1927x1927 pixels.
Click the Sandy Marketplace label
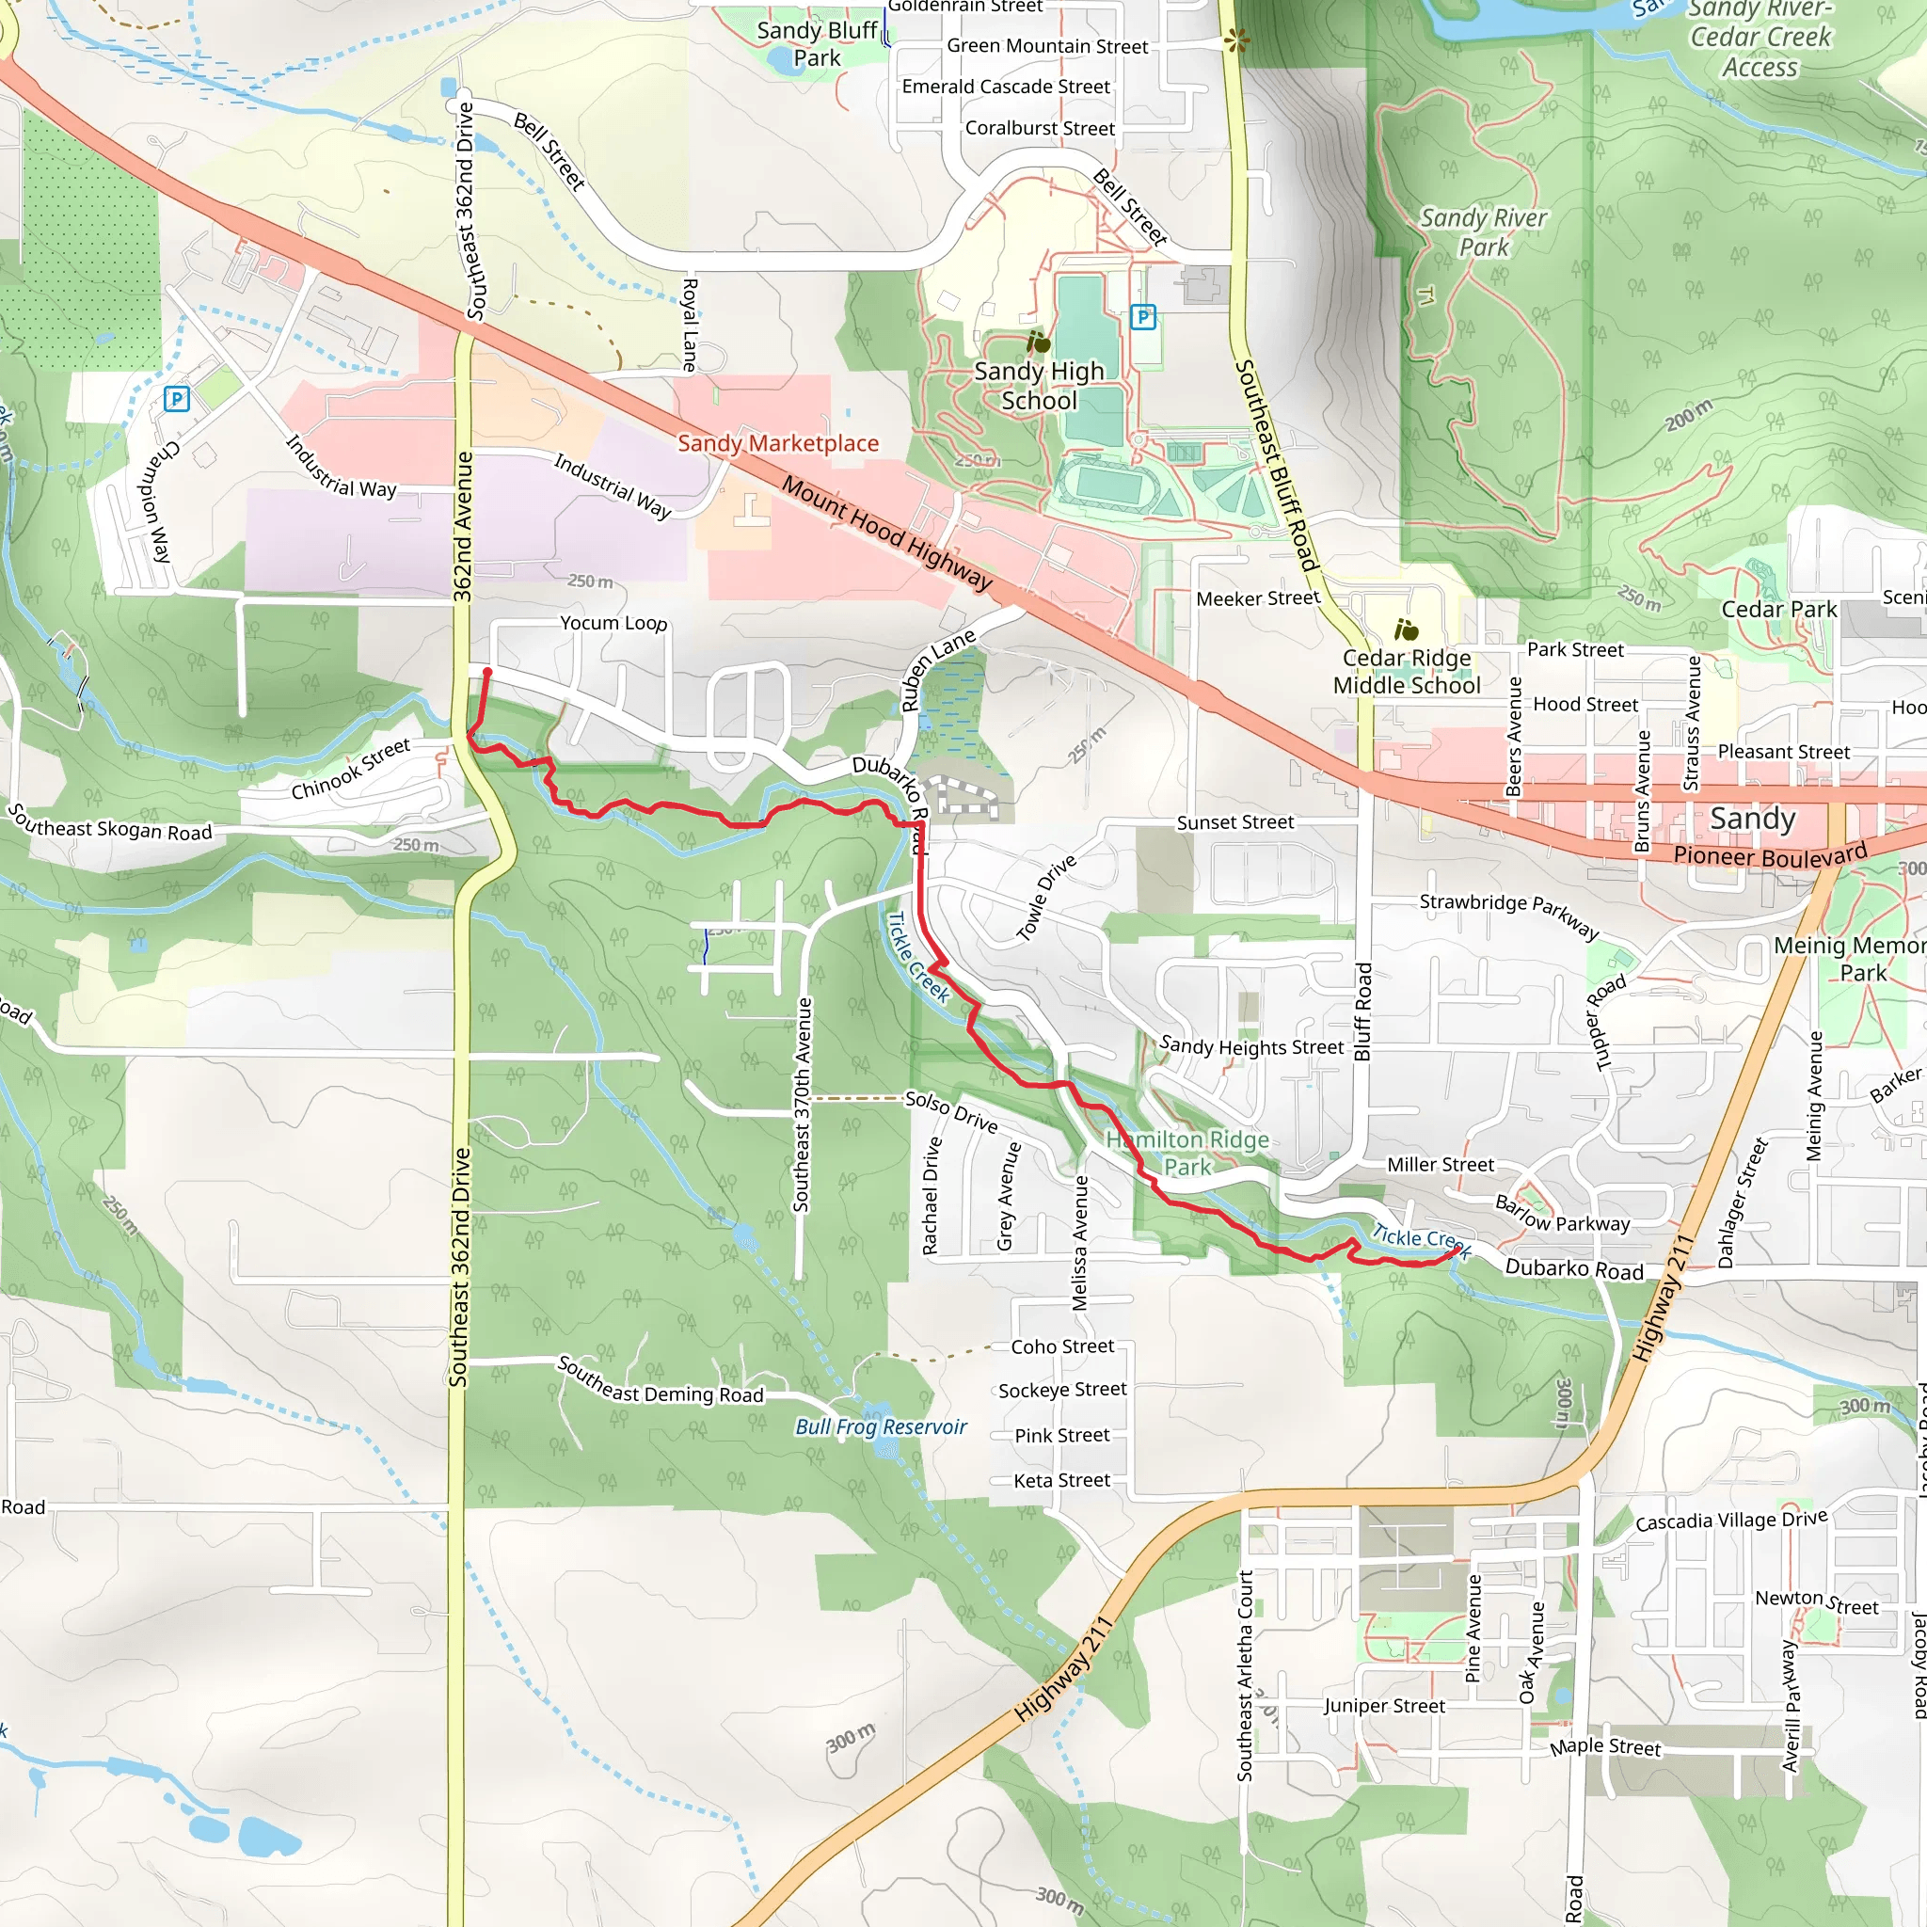tap(778, 443)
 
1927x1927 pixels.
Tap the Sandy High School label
tap(1040, 386)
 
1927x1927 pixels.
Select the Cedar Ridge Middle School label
tap(1407, 671)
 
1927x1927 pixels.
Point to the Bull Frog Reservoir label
tap(881, 1427)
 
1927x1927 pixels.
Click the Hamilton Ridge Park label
tap(1186, 1153)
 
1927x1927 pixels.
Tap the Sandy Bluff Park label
tap(817, 44)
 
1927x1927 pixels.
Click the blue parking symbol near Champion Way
tap(177, 400)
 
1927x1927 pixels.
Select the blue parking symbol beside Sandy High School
tap(1143, 317)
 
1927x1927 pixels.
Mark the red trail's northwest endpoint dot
tap(487, 672)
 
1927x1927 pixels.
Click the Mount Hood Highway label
tap(885, 534)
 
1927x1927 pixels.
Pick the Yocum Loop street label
tap(613, 624)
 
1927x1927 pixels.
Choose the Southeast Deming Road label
tap(661, 1380)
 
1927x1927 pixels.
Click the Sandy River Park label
tap(1483, 232)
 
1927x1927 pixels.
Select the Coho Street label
tap(1062, 1346)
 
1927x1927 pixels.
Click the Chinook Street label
tap(351, 769)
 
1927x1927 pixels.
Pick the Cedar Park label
tap(1778, 610)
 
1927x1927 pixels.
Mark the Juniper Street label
tap(1384, 1707)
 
